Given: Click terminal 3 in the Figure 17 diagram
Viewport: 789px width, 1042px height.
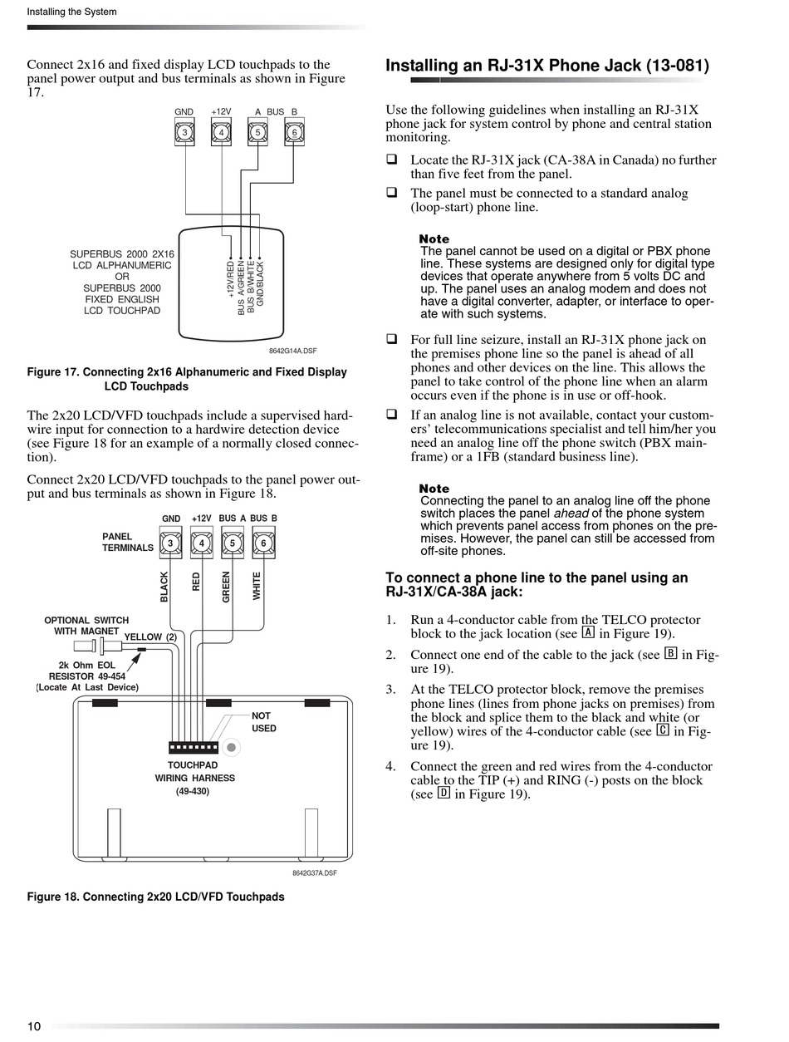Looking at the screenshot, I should [184, 132].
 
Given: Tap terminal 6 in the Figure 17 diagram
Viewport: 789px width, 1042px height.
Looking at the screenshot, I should [294, 132].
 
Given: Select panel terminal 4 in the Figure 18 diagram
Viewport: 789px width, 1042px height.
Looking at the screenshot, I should [202, 543].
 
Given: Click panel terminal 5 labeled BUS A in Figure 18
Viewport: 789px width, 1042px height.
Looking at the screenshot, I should [233, 543].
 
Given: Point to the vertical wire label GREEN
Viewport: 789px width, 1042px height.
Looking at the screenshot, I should [226, 587].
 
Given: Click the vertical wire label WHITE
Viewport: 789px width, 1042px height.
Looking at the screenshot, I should [257, 586].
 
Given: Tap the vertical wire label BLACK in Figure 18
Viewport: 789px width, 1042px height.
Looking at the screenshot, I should [164, 587].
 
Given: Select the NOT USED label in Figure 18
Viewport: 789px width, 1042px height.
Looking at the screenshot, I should [263, 722].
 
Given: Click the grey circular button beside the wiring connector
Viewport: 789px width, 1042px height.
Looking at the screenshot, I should [233, 748].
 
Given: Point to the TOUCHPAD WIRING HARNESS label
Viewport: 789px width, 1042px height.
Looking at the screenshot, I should [194, 778].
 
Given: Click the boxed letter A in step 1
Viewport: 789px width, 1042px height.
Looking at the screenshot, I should [588, 632].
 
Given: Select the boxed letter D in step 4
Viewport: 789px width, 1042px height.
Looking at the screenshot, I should [444, 793].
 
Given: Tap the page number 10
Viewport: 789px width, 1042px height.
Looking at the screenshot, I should [34, 1026].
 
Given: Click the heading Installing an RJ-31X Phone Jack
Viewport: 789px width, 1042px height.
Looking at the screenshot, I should [546, 66].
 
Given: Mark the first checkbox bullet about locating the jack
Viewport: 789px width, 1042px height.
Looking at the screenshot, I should [392, 160].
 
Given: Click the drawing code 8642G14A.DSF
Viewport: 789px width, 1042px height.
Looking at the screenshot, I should [293, 351].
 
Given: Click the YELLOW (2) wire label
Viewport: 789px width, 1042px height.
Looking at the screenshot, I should [150, 637].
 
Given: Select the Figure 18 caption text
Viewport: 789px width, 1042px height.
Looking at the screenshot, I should [155, 897].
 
